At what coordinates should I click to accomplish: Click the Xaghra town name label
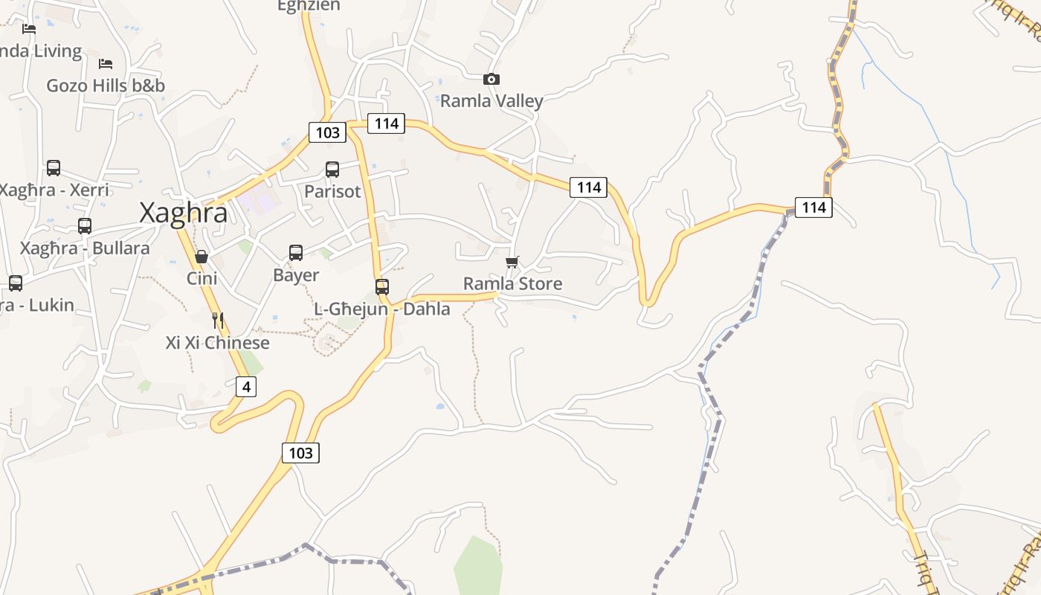184,213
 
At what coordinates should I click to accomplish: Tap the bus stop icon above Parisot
332,170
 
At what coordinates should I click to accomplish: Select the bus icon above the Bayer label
296,253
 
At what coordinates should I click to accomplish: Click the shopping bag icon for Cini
202,257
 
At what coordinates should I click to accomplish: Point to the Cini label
202,278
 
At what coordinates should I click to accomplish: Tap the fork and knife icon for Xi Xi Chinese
218,321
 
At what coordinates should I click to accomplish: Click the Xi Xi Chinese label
217,343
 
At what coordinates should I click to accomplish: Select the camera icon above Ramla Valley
492,79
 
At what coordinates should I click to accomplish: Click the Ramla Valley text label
492,100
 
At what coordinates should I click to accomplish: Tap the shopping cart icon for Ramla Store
512,262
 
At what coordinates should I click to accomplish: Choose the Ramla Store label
512,283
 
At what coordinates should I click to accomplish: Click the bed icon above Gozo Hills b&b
106,64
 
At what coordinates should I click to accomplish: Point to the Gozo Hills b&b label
106,86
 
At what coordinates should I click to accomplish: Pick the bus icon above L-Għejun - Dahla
382,287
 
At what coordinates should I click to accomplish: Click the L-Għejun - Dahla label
382,309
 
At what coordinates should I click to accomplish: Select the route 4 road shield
246,387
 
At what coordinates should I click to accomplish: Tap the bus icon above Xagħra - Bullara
85,226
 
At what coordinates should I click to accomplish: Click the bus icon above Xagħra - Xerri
54,168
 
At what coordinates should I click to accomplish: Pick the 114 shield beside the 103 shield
386,123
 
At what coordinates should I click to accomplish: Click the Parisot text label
332,191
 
